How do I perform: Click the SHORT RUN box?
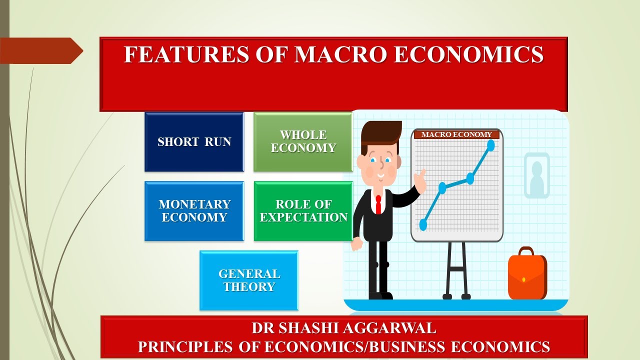coord(194,142)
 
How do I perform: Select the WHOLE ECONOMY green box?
coord(303,142)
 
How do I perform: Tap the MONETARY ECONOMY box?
coord(194,211)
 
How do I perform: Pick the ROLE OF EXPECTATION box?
coord(303,211)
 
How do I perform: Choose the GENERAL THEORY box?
coord(248,280)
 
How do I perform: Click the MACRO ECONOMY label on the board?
coord(456,134)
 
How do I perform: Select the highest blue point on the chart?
coord(490,145)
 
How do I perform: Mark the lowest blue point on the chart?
coord(423,224)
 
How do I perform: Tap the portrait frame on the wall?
coord(536,175)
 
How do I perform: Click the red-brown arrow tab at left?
coord(40,51)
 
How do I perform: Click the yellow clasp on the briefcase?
coord(523,279)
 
